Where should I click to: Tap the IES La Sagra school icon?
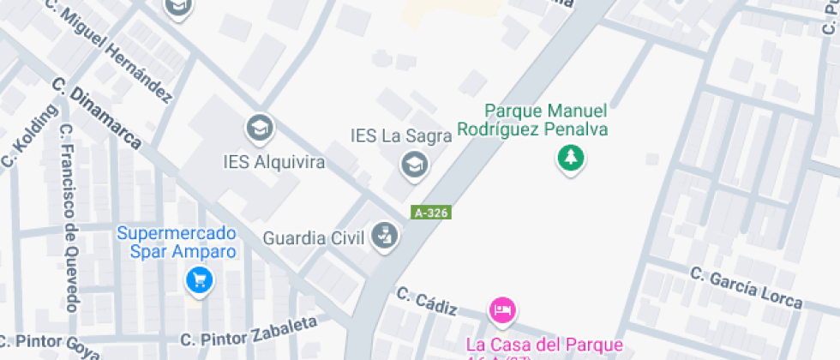pos(415,163)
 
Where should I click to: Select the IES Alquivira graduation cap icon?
pos(258,129)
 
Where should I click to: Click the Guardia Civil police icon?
pos(384,237)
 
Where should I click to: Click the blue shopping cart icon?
pos(200,279)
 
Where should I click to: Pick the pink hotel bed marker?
pos(501,310)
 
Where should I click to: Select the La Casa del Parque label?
pos(544,345)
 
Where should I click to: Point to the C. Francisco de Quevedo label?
pos(69,219)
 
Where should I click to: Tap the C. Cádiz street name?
pos(426,300)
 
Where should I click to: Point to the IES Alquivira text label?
pos(273,162)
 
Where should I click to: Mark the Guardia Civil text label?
pos(314,237)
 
